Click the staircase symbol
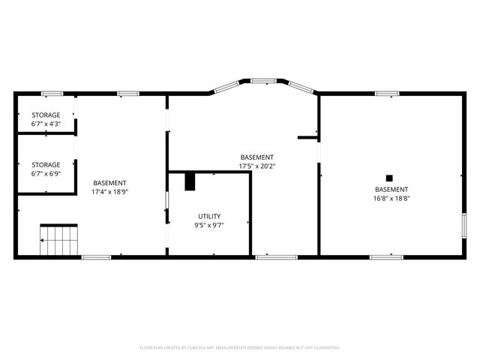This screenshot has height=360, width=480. (59, 241)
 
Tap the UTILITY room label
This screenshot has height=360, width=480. (209, 216)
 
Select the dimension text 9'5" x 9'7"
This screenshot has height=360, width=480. (209, 224)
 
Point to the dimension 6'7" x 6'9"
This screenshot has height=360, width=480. (46, 174)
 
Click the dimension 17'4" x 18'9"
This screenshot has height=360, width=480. (109, 191)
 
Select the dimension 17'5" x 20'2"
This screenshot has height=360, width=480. (257, 166)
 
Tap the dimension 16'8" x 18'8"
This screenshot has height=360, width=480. (391, 199)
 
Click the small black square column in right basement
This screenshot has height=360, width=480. (388, 178)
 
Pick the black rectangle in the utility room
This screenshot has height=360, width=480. (190, 181)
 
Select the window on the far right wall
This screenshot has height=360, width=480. (464, 226)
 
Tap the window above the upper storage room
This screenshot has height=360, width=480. (52, 93)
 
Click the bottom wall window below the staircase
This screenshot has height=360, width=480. (96, 257)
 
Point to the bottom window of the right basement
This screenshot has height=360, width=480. (386, 257)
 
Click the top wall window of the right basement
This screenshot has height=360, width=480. (386, 93)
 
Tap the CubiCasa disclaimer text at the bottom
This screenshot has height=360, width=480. (240, 348)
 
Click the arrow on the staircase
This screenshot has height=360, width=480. (43, 240)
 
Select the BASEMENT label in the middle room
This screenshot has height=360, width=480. (257, 157)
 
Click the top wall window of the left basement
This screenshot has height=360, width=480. (128, 93)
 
